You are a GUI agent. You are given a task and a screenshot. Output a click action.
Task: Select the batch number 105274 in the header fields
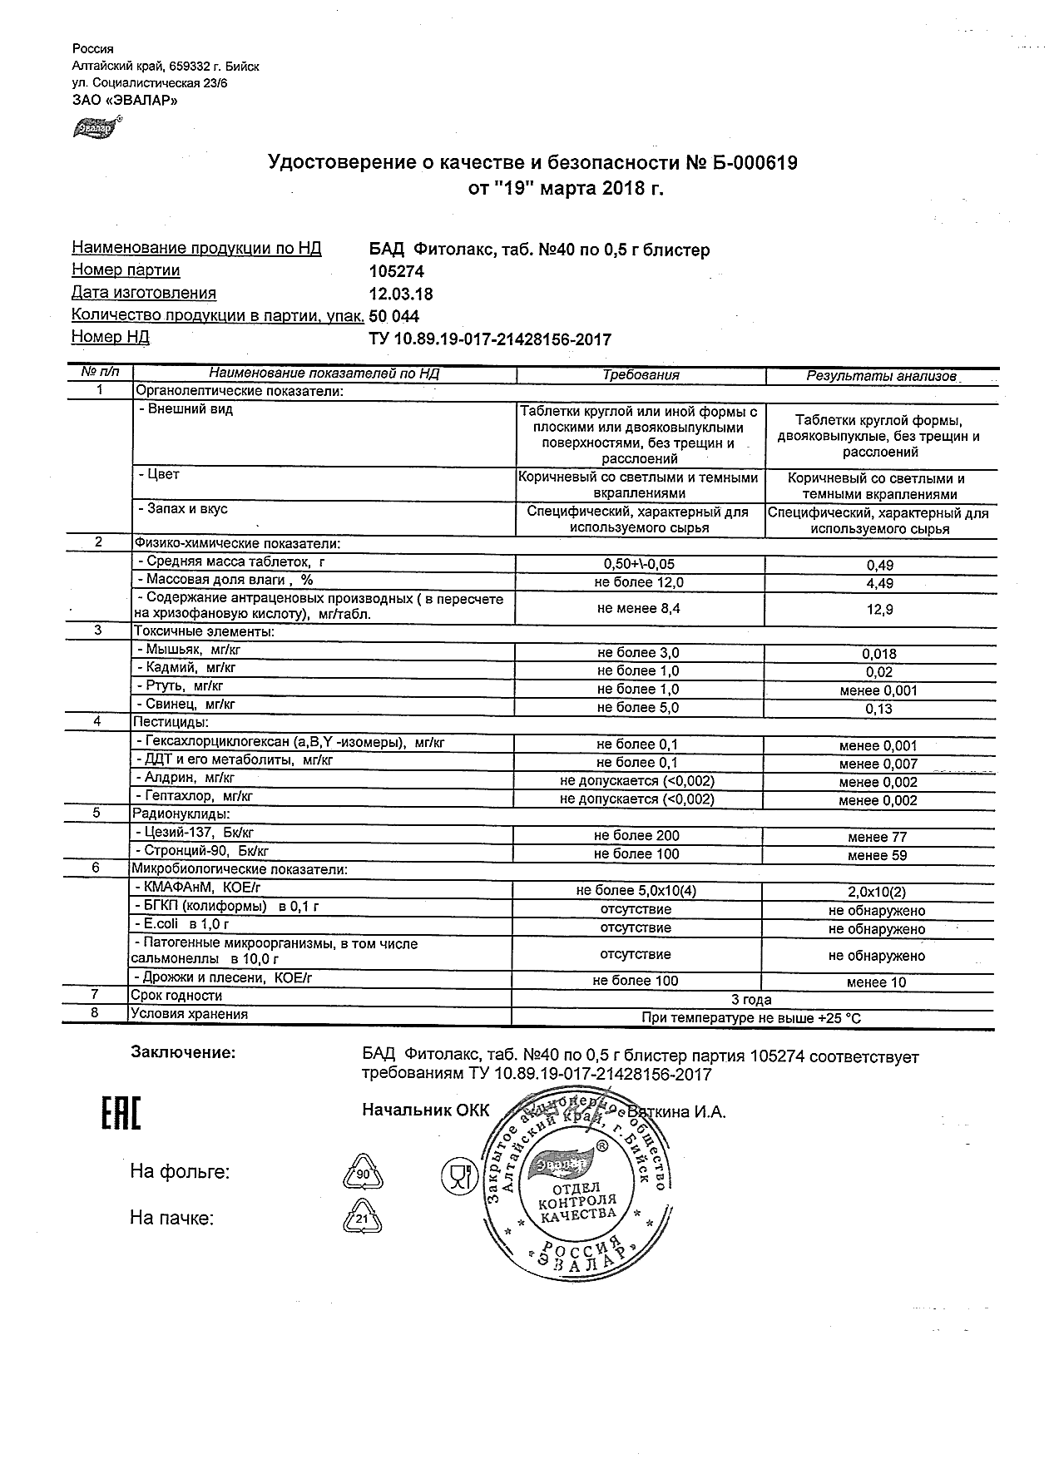coord(397,272)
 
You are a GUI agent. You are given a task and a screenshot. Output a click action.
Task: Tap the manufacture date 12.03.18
coord(401,294)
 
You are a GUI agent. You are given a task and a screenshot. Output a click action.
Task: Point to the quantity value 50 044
coord(394,316)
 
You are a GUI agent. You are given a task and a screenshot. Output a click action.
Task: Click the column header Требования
coord(641,375)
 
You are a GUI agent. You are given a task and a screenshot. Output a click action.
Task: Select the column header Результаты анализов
coord(881,376)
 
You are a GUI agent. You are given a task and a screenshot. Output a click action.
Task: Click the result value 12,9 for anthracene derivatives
coord(880,610)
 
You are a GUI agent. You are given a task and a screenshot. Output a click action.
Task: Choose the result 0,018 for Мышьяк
coord(880,655)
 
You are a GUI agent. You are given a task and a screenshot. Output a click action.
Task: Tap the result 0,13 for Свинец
coord(880,709)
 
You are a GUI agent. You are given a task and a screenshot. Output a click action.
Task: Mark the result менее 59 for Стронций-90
coord(878,855)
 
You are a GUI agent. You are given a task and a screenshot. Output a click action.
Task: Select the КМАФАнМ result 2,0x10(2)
coord(878,892)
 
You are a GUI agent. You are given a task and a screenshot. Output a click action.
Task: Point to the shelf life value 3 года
coord(751,1000)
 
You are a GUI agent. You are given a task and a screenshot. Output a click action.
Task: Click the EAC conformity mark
coord(121,1115)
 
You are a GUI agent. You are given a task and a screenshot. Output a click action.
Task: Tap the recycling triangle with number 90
coord(363,1175)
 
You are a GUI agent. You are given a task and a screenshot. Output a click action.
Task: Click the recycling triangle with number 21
coord(362,1219)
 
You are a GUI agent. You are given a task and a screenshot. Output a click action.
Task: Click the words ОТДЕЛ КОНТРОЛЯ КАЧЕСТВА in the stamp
coord(577,1201)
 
